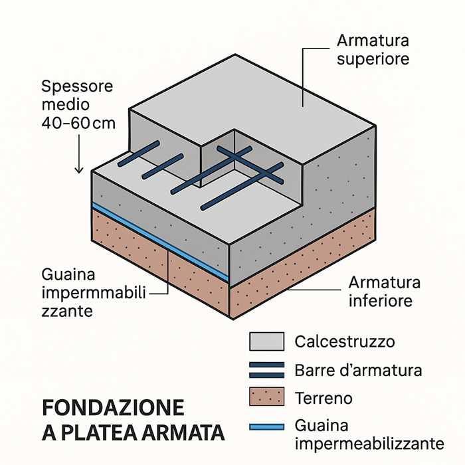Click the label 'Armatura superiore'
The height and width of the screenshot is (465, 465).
[372, 50]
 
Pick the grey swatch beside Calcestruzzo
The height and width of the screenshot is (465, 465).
[266, 342]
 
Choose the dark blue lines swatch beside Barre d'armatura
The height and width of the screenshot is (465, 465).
[266, 370]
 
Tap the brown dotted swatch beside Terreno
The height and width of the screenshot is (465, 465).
[266, 398]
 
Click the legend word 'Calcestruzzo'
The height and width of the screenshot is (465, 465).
[344, 342]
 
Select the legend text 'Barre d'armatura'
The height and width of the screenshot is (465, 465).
[357, 370]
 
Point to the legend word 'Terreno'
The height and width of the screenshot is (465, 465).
[323, 399]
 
